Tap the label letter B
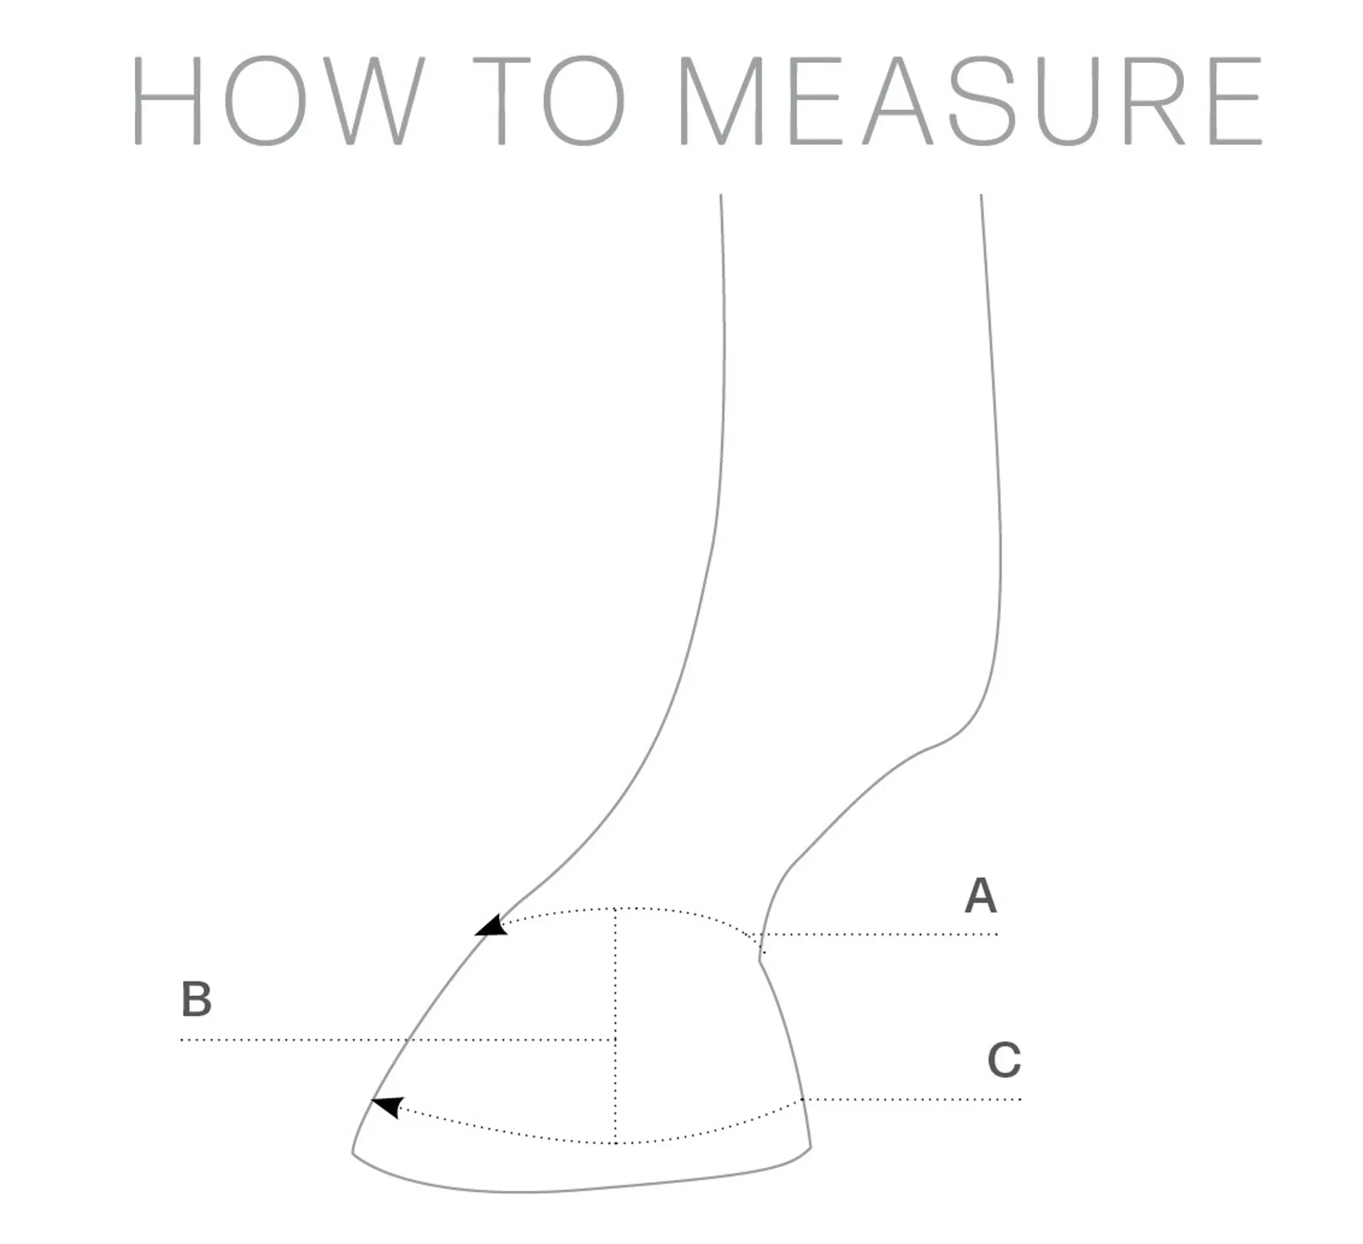197,998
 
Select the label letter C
1004,1060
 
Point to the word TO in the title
549,101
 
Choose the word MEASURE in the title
970,101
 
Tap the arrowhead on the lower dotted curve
388,1106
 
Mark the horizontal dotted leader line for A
880,934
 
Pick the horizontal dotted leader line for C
912,1099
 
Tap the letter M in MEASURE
721,101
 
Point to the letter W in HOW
379,101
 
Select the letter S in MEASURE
982,101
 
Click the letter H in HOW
168,101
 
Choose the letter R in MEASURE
1155,101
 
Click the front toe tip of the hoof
354,1151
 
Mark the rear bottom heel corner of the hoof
809,1146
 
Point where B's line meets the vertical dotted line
615,1040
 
